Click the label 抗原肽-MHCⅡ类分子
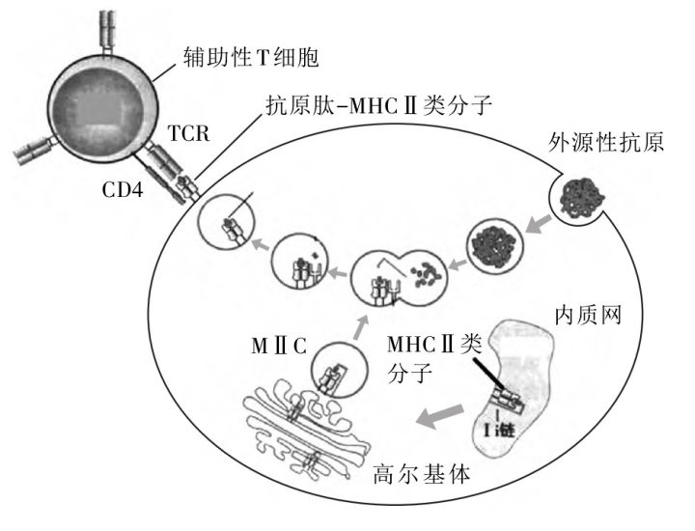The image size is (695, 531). click(376, 108)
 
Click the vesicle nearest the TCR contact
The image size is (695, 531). click(229, 229)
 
